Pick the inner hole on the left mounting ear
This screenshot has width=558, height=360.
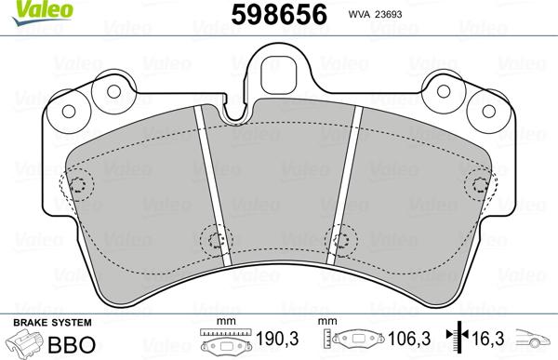(x=114, y=93)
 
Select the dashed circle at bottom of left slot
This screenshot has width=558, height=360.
(x=216, y=241)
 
